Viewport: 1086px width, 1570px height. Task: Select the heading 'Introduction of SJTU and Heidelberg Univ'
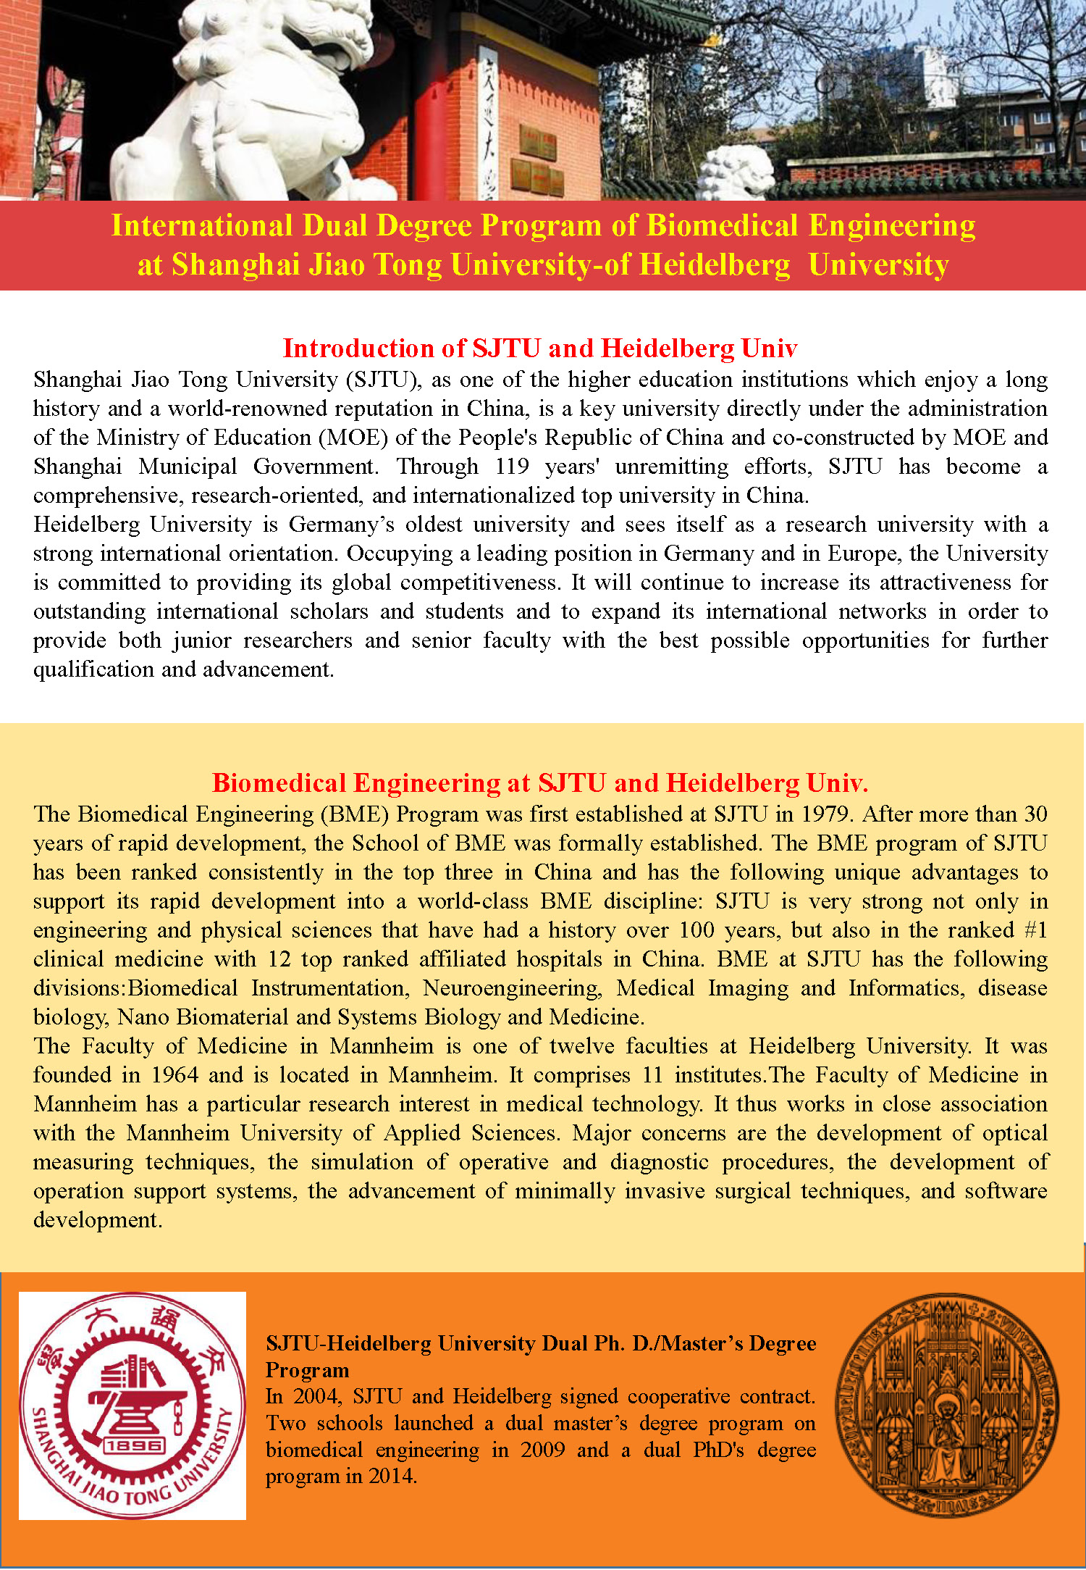coord(539,348)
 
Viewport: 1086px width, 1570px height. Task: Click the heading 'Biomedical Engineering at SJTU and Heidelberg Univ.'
coord(539,783)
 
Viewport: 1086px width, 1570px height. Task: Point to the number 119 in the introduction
coord(512,467)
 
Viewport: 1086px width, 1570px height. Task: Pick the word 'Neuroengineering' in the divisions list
coord(512,988)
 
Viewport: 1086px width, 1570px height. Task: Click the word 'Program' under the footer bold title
coord(307,1370)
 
